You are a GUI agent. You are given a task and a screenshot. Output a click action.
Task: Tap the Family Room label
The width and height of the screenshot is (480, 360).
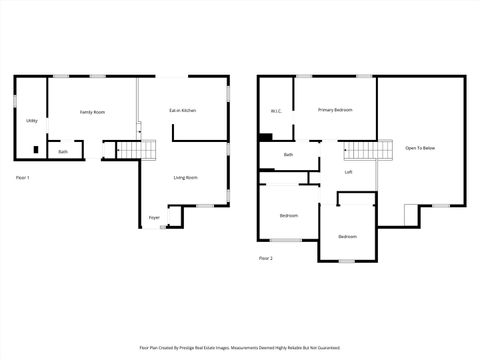coord(93,112)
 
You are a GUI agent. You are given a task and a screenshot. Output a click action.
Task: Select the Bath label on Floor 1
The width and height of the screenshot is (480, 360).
coord(63,151)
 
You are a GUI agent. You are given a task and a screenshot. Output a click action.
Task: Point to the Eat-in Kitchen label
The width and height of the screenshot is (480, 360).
coord(182,110)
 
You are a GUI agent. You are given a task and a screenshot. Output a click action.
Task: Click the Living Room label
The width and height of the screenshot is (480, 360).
coord(186,178)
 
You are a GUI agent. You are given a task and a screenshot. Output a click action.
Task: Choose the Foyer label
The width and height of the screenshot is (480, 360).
coord(155,217)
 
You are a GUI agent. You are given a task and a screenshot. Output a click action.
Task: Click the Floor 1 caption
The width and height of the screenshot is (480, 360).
coord(23,178)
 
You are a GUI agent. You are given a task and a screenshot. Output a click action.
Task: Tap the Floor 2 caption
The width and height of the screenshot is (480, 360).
coord(266,258)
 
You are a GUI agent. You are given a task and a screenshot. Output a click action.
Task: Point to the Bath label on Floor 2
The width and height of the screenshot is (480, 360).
coord(288,154)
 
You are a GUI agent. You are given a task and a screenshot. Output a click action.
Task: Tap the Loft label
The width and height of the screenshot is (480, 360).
coord(349,172)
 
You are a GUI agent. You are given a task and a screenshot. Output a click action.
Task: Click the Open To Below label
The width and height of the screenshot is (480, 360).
coord(420,148)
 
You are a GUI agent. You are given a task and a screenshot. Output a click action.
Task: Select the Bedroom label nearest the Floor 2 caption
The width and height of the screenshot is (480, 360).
coord(288,215)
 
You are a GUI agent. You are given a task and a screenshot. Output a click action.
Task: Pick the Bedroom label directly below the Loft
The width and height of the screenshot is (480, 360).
coord(347,236)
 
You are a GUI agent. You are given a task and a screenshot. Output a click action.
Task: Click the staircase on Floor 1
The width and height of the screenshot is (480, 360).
coord(139,150)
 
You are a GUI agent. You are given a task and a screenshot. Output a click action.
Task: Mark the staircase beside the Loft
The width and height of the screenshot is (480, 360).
coord(359,151)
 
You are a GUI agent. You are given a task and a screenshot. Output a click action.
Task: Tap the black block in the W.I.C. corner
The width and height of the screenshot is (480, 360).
coord(265,138)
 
